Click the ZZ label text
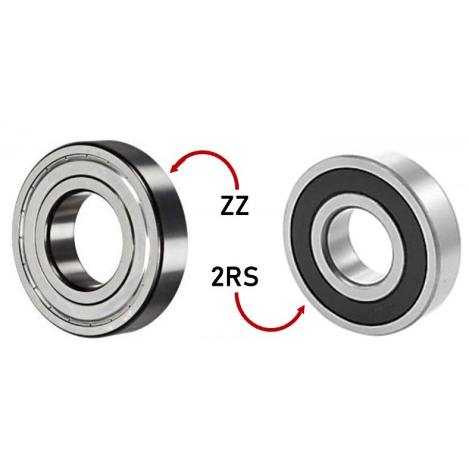tap(234, 205)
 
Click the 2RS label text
tap(235, 278)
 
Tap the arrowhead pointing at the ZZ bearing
tap(174, 169)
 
